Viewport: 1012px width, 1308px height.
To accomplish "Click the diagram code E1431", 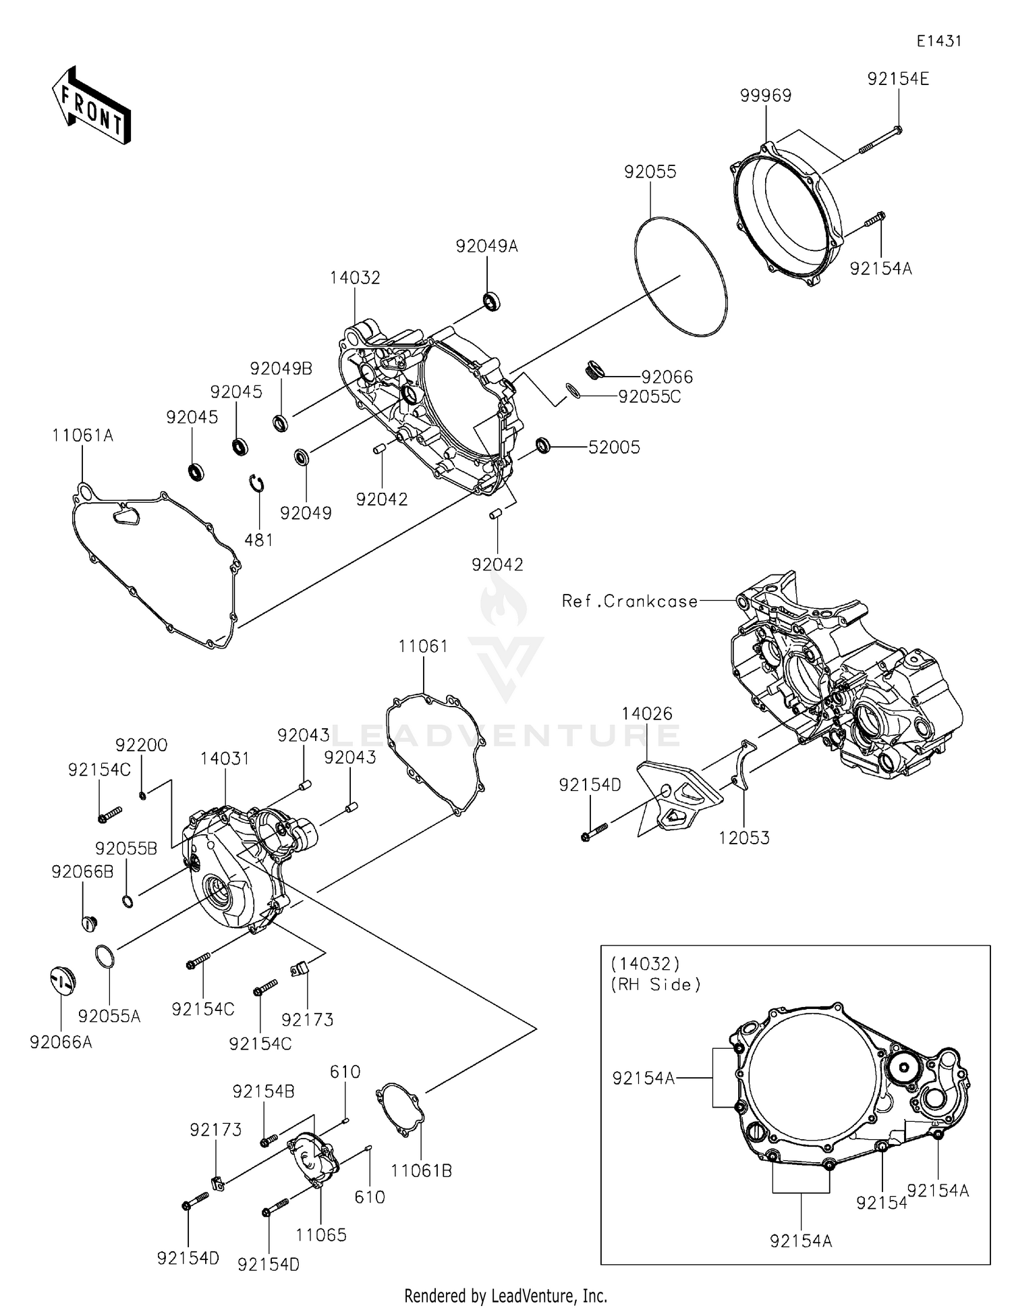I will click(938, 41).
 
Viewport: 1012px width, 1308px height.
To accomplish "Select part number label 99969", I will click(766, 96).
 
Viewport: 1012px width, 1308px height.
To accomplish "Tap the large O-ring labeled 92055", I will click(681, 277).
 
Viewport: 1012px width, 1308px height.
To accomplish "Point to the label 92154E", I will click(898, 79).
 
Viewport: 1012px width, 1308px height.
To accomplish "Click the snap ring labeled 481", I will click(256, 484).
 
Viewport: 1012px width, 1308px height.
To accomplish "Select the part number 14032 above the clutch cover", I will click(355, 278).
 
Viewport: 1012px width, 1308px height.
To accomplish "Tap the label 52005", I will click(614, 447).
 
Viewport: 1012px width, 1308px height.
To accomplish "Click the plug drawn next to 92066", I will click(594, 370).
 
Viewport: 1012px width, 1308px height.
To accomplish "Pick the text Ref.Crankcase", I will click(629, 601).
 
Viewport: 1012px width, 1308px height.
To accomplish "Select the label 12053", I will click(744, 838).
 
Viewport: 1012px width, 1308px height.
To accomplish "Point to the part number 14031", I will click(225, 759).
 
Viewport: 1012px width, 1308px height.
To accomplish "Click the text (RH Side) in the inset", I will click(656, 985).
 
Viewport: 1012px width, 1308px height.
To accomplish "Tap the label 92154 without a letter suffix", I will click(881, 1202).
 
